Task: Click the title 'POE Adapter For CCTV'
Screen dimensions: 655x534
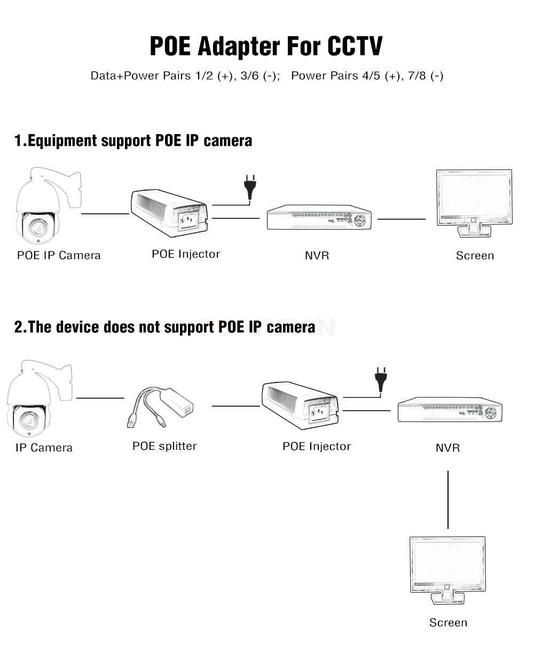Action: click(x=265, y=46)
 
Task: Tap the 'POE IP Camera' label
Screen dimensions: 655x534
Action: click(x=59, y=255)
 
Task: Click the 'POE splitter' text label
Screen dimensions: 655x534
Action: click(x=164, y=446)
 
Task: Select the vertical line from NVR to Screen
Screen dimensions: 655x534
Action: click(x=447, y=500)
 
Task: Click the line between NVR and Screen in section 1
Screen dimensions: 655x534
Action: click(x=402, y=219)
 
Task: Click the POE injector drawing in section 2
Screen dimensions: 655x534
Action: click(x=300, y=403)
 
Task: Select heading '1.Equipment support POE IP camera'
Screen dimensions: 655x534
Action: click(x=133, y=141)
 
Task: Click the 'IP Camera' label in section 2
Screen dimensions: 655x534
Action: click(x=44, y=448)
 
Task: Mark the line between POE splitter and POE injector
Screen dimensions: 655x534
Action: click(x=235, y=406)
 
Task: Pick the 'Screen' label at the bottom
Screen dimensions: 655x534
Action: click(x=448, y=622)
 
